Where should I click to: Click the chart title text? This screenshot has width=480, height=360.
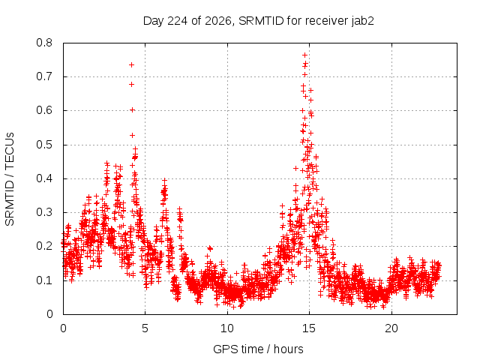258,21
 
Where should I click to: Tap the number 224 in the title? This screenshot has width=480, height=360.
178,21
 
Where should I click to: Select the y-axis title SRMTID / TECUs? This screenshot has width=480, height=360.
10,179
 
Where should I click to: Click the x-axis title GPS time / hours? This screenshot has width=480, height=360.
258,349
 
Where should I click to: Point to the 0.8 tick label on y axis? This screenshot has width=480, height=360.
44,43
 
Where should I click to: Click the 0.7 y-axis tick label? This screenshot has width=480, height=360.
44,76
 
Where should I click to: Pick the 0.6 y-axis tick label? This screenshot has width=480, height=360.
44,110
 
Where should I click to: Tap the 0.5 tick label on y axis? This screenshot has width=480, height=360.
44,145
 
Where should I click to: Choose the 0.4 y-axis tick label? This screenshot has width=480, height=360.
44,178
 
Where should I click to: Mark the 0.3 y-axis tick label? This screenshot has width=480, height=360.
44,212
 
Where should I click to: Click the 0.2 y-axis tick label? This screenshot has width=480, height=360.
44,246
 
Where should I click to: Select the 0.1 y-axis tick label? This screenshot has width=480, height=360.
44,280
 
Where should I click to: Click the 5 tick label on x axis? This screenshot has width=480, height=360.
145,328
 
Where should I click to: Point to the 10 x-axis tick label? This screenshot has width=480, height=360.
227,328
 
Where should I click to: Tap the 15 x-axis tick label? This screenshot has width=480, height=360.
309,328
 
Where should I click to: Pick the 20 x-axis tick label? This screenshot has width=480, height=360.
391,328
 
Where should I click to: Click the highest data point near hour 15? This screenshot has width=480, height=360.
305,55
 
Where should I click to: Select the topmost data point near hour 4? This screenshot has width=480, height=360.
132,65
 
